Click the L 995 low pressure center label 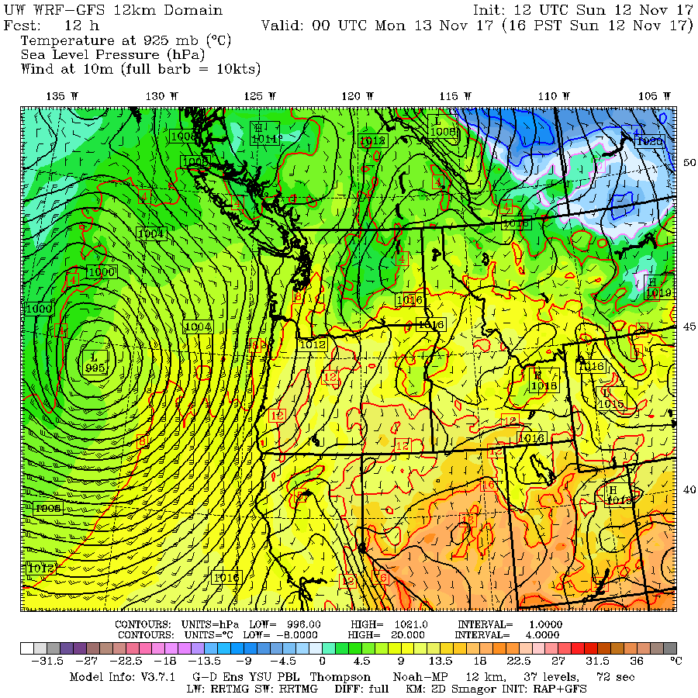click(95, 361)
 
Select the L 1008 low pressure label click(444, 126)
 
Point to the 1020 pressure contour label click(648, 141)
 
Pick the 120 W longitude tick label click(358, 95)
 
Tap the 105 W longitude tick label click(653, 95)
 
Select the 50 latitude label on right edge click(687, 162)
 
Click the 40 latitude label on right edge click(687, 489)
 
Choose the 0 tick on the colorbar click(321, 661)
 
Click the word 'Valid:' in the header click(284, 25)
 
